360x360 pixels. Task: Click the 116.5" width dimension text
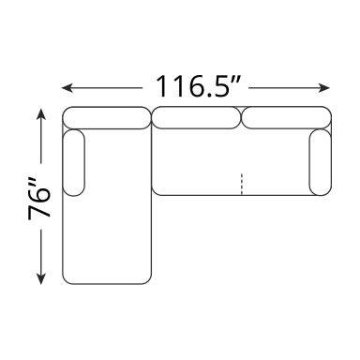[198, 86]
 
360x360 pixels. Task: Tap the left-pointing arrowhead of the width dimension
[67, 88]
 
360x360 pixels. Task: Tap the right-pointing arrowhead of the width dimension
[324, 88]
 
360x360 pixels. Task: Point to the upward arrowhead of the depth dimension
[41, 114]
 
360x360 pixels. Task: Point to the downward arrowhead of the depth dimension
[41, 278]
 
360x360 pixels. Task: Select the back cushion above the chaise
[107, 118]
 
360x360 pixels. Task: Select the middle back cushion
[196, 117]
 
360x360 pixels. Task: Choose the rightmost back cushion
[286, 117]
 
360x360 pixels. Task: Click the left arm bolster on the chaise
[74, 162]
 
